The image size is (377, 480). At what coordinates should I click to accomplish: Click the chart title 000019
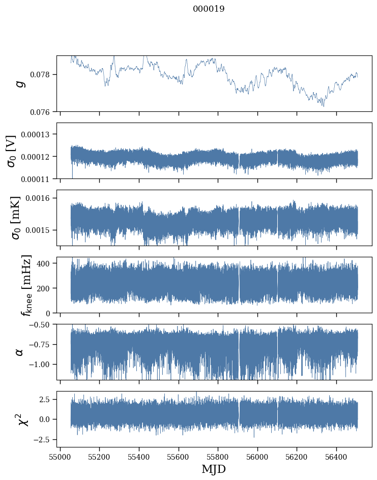pyautogui.click(x=209, y=9)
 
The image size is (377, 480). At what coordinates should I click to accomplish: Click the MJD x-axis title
pyautogui.click(x=214, y=469)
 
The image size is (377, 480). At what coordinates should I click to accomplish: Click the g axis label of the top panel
pyautogui.click(x=21, y=83)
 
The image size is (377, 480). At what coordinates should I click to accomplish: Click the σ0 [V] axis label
pyautogui.click(x=11, y=151)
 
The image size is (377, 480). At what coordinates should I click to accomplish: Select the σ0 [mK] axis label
pyautogui.click(x=11, y=218)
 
